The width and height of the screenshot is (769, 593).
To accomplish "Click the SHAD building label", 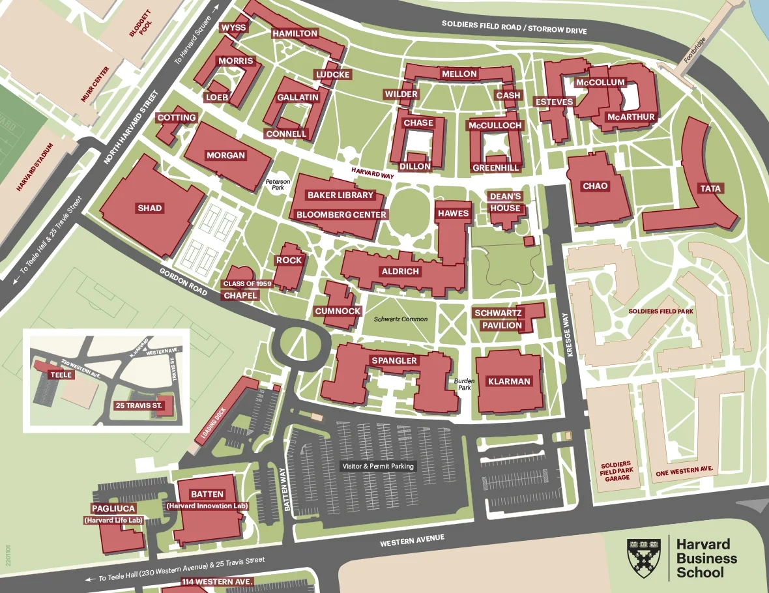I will point(150,209).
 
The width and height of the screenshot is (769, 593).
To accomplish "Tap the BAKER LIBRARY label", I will point(341,195).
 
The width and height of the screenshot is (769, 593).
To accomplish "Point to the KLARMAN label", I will point(509,381).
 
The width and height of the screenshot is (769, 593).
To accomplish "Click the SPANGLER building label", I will point(394,360).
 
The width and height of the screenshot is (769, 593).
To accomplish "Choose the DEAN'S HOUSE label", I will point(506,203).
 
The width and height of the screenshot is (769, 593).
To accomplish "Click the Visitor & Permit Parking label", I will point(379,466).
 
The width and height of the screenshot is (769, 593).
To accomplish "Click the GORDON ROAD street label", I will point(184,282).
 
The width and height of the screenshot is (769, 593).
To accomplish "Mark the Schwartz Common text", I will point(400,319).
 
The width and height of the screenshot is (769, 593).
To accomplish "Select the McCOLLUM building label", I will point(600,83).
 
